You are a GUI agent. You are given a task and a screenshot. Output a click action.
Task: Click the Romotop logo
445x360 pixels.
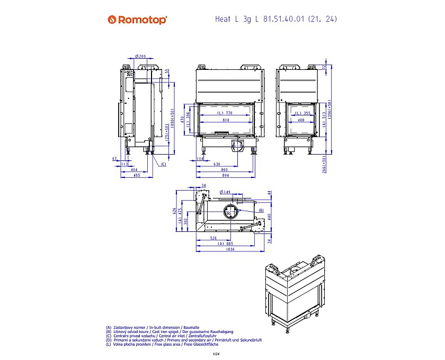137,20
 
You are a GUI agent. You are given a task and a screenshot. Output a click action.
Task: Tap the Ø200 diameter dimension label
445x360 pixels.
140,56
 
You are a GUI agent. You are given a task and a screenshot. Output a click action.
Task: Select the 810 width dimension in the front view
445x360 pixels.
226,121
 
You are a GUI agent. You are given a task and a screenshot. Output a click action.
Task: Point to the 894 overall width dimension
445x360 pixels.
226,175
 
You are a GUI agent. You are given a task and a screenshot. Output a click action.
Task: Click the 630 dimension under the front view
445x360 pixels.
217,165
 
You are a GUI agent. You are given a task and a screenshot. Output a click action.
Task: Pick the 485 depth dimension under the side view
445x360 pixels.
136,175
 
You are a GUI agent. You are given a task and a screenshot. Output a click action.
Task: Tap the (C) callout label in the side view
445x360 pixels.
163,164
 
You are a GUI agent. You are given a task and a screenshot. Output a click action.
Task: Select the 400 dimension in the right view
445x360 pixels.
301,121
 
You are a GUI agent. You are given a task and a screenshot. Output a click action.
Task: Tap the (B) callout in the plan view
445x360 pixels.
261,211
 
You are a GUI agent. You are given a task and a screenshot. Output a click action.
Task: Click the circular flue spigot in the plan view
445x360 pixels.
230,211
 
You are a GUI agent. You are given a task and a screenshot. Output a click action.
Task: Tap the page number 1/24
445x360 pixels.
216,354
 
